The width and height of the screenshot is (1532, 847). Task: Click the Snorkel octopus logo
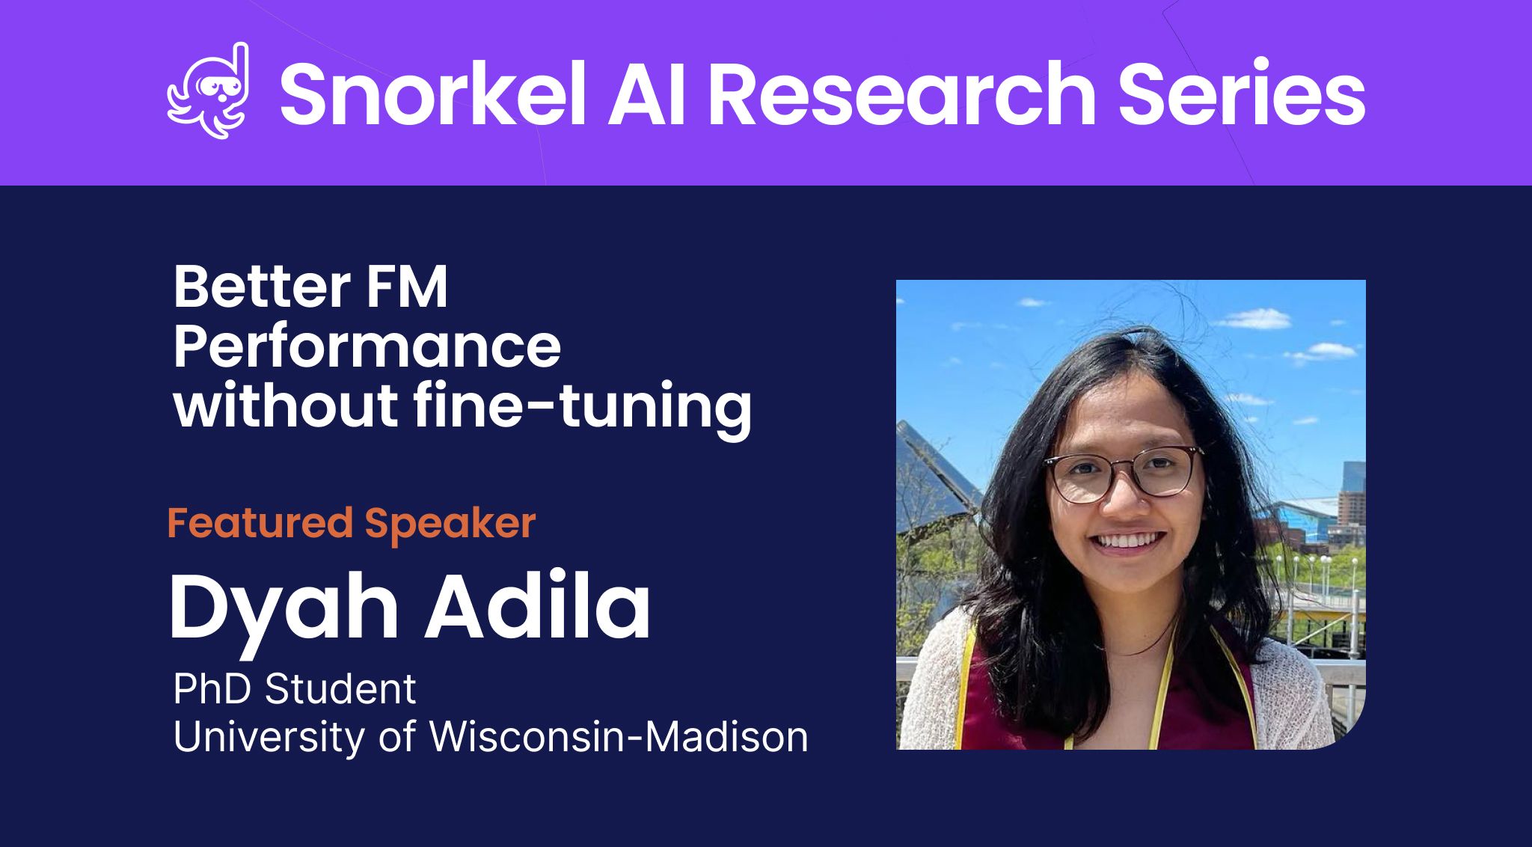208,91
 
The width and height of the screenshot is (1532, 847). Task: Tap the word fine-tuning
582,409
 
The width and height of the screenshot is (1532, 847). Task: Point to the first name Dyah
284,609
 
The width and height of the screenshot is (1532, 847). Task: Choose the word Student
340,689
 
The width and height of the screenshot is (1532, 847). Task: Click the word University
270,738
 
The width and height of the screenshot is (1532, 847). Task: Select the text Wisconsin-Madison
619,737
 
